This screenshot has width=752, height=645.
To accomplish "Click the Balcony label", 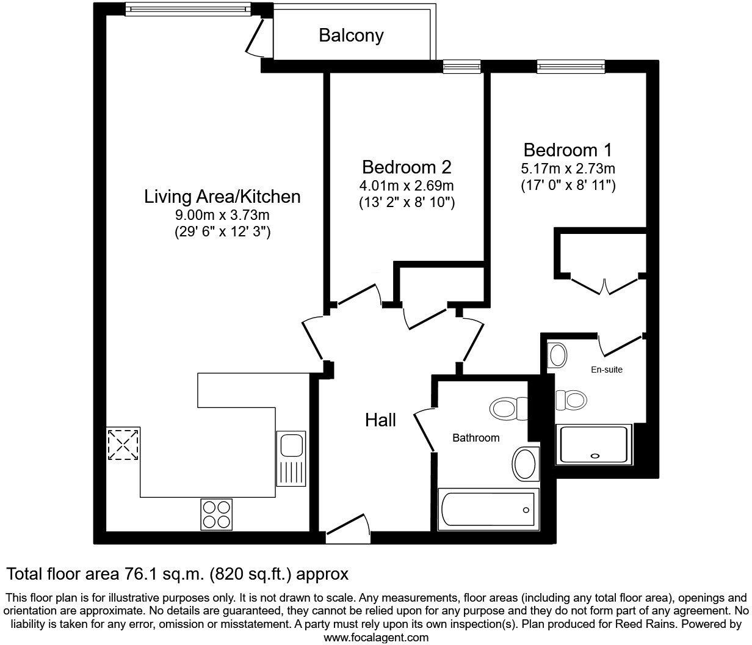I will click(x=351, y=35).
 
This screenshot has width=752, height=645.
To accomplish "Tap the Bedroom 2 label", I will click(x=407, y=167).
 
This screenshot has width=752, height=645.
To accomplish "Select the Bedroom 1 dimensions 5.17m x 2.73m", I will click(x=568, y=169).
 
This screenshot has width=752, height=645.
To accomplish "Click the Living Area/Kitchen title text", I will click(x=222, y=197).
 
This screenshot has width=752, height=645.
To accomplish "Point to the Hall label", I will click(x=380, y=420).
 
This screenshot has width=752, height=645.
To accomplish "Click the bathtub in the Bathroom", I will click(x=486, y=509).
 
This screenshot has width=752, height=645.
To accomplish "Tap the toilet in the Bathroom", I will click(x=511, y=408).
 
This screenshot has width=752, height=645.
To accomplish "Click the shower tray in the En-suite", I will click(x=593, y=443).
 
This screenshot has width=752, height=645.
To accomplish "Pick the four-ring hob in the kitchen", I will click(x=217, y=514).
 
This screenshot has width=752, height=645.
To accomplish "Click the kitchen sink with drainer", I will click(x=291, y=458).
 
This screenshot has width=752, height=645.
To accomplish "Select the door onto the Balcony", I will click(x=256, y=37).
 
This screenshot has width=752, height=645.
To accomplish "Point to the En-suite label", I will click(x=607, y=370).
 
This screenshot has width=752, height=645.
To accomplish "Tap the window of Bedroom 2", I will click(x=461, y=67).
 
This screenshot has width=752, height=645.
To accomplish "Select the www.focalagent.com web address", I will click(x=375, y=638).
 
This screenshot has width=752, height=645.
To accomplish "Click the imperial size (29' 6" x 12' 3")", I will click(x=222, y=231).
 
